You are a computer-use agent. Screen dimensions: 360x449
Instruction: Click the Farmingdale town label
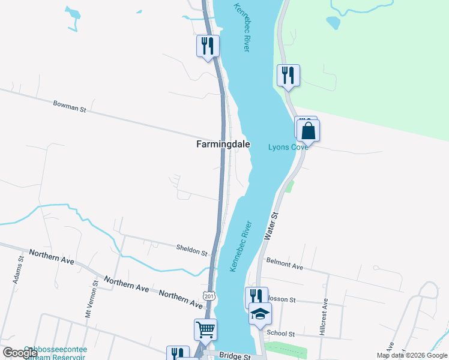click(x=223, y=145)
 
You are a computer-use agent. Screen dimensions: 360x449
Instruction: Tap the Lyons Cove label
click(x=288, y=147)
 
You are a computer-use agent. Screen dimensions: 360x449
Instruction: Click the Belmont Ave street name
click(x=285, y=264)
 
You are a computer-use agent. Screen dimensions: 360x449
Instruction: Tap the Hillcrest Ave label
click(x=324, y=317)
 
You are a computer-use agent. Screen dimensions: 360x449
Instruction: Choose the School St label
click(x=281, y=334)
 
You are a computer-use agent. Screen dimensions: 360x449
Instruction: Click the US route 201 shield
click(x=208, y=296)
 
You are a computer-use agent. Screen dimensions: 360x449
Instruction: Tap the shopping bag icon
click(x=309, y=130)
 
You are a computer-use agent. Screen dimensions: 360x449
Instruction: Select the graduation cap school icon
click(x=260, y=313)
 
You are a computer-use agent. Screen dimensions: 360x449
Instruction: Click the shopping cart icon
click(x=205, y=329)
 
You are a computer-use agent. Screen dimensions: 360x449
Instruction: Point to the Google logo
click(x=20, y=353)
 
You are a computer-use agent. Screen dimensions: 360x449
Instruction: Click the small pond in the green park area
click(x=332, y=23)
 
